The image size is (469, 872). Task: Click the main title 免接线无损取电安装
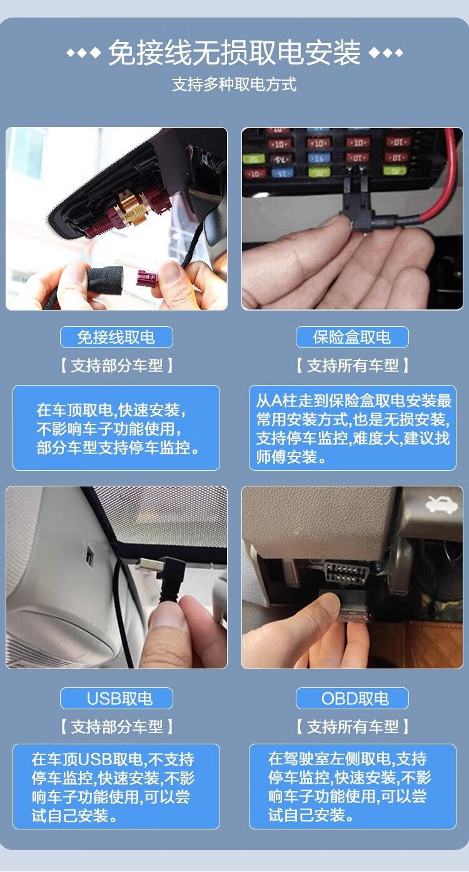234,53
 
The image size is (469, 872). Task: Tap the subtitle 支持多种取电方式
234,85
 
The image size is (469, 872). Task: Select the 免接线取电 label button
116,337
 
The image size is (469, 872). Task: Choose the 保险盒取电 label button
352,337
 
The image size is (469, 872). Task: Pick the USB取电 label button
116,698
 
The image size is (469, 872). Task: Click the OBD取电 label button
352,698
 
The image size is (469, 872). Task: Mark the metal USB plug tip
149,564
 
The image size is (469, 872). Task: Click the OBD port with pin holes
346,572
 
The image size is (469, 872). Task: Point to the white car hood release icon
440,505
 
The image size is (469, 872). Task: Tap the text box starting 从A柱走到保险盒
352,428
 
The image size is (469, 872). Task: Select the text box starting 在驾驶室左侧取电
352,786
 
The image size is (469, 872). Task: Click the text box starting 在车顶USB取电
116,786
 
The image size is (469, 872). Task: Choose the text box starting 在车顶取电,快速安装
116,428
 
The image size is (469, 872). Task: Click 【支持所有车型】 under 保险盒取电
352,366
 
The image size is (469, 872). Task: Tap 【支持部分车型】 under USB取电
116,726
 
